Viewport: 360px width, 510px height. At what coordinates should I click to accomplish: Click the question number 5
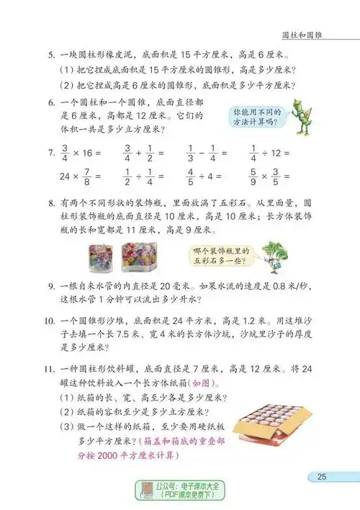tap(51, 55)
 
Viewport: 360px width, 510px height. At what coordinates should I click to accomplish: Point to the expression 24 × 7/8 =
tap(74, 177)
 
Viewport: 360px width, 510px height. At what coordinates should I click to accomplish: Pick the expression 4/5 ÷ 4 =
tap(205, 177)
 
